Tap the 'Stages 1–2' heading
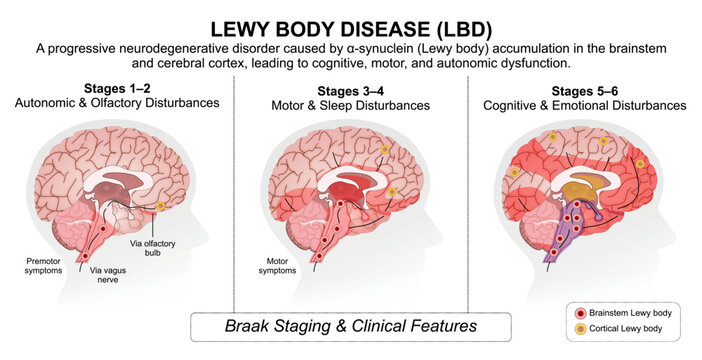(117, 88)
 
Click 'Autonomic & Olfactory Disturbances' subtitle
(117, 103)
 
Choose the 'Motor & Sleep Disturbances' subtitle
(351, 105)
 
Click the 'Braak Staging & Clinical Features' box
(351, 326)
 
